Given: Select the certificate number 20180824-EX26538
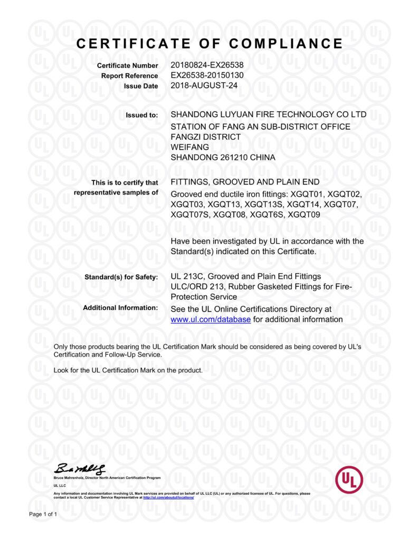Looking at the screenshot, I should pos(207,65).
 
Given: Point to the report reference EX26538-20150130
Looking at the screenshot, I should pos(207,75).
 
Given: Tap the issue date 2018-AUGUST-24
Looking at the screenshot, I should pos(201,85).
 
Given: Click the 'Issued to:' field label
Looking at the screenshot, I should pos(141,115).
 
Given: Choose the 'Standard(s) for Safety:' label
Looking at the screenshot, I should pos(121,277).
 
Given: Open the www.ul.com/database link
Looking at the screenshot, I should pos(211,319).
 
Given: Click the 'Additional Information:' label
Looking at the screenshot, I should pos(120,307).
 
